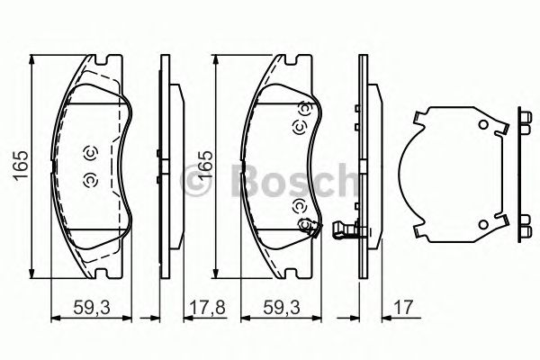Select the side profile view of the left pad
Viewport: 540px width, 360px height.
(x=162, y=167)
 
